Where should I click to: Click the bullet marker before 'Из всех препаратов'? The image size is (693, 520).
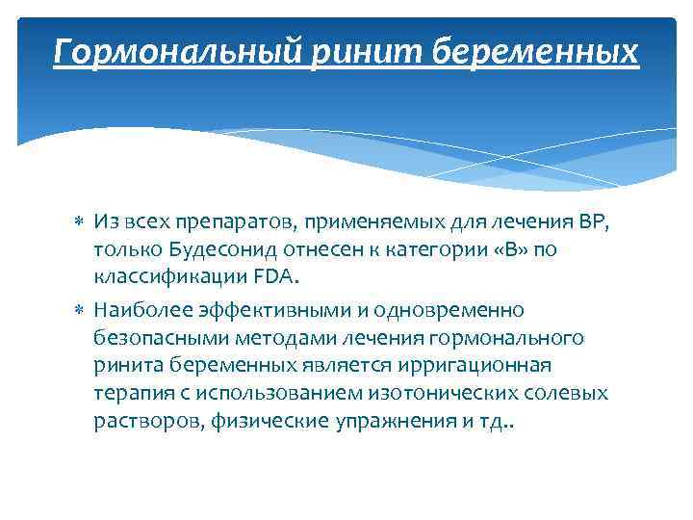point(80,222)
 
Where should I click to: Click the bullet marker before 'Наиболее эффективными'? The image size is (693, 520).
point(80,310)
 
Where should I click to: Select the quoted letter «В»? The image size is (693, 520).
point(506,250)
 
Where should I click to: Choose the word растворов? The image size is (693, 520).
point(137,422)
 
